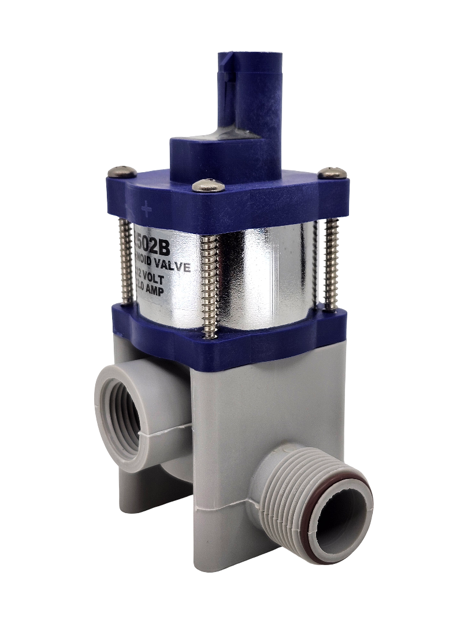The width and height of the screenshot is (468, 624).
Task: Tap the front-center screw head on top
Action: pyautogui.click(x=209, y=185)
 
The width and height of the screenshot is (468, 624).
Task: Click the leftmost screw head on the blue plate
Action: pyautogui.click(x=122, y=172)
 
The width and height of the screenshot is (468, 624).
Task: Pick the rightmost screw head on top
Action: pyautogui.click(x=333, y=172)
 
